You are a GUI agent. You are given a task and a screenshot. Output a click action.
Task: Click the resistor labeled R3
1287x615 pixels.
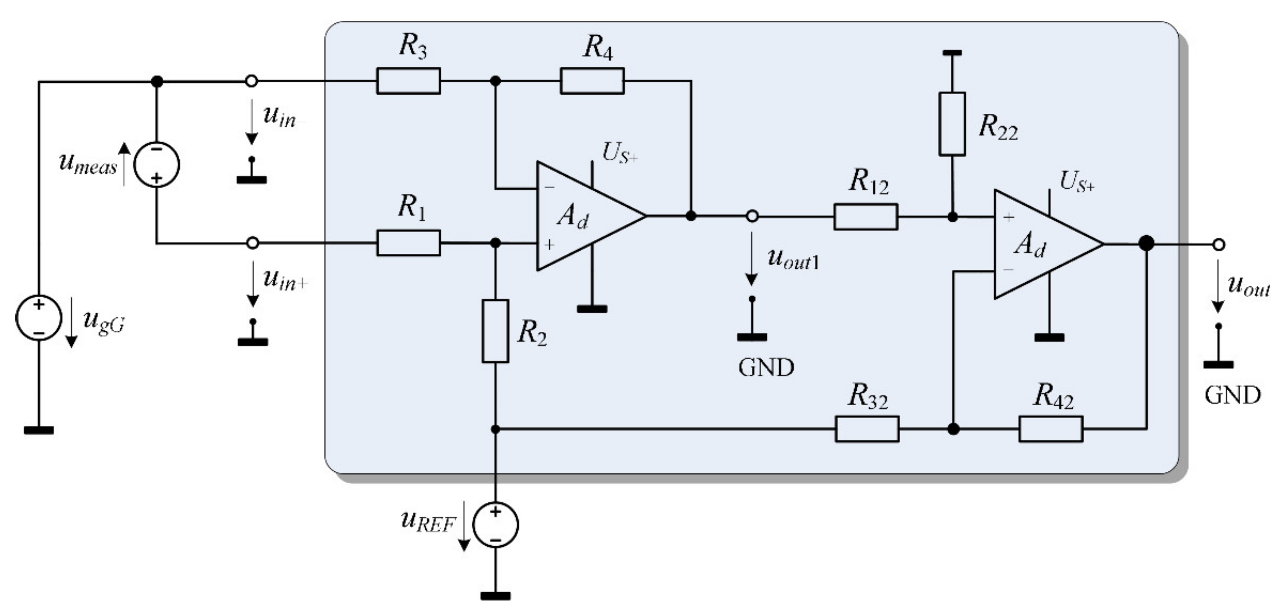pos(408,81)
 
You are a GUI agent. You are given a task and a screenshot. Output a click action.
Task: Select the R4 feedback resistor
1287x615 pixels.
pos(592,81)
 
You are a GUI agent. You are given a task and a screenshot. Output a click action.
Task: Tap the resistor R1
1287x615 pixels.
pos(408,243)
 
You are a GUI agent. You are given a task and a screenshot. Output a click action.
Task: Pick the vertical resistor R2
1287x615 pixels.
pos(495,331)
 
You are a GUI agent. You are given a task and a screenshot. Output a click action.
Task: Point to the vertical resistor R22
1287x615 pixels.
pos(952,124)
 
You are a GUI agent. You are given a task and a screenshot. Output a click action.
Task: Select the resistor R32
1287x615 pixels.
pos(867,429)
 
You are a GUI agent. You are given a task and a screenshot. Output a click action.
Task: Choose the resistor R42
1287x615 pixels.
pos(1051,429)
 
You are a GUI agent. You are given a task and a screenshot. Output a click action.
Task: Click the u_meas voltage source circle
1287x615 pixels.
pos(157,165)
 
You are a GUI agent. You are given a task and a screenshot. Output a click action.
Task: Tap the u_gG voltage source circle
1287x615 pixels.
pos(38,318)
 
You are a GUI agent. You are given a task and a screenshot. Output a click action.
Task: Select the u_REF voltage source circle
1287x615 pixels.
pos(495,524)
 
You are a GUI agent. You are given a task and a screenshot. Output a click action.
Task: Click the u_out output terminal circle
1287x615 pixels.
pos(1219,245)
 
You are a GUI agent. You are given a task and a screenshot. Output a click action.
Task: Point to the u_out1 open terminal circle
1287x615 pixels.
pos(752,217)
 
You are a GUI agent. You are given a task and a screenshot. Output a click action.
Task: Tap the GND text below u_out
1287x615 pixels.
pos(1232,396)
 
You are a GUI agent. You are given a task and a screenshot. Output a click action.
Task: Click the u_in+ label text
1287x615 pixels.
pos(285,280)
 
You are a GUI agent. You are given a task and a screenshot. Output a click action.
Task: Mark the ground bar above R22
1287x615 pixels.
pos(952,53)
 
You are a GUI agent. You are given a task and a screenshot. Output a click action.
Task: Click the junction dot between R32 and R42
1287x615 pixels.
pos(953,429)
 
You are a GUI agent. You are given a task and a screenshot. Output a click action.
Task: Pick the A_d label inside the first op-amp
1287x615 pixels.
pos(573,217)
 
